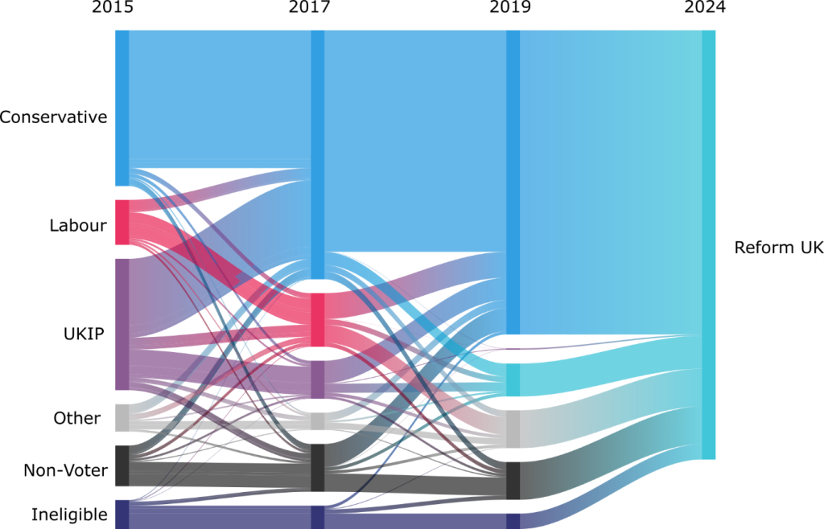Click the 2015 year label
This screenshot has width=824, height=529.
[x=113, y=9]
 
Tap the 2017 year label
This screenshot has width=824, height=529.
[x=309, y=9]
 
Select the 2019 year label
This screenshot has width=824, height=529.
[x=509, y=9]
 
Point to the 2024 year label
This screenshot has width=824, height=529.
[x=705, y=9]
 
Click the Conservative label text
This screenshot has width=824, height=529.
[x=53, y=117]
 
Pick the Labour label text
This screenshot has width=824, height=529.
[x=77, y=226]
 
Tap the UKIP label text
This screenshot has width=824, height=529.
[x=83, y=334]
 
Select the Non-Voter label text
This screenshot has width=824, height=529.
[x=65, y=470]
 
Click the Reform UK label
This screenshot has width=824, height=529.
[x=778, y=248]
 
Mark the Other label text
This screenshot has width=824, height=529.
[x=77, y=418]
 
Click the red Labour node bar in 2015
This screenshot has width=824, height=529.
[x=122, y=222]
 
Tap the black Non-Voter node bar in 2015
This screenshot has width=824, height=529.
[x=122, y=465]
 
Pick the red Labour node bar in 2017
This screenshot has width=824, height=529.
[x=318, y=320]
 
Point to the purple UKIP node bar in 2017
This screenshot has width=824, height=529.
[x=318, y=379]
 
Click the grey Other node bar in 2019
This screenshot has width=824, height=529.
[x=513, y=429]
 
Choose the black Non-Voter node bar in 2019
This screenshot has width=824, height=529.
[x=513, y=481]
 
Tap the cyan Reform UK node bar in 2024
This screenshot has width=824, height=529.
[x=708, y=244]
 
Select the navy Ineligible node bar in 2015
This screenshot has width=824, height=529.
[x=122, y=515]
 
